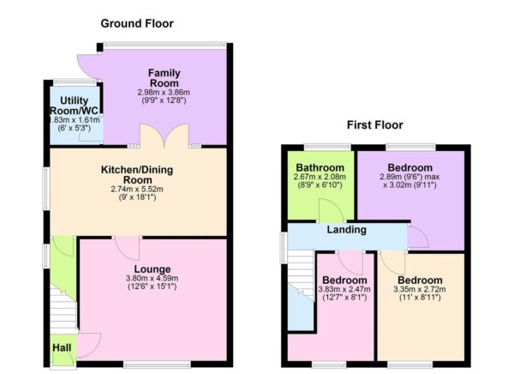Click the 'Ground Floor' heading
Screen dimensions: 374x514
point(137,23)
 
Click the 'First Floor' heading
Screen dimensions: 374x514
point(374,124)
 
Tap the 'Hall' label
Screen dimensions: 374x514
point(63,348)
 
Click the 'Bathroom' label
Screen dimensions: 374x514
point(320,168)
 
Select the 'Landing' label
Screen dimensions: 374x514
point(346,230)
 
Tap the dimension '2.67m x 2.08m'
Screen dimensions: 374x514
point(320,178)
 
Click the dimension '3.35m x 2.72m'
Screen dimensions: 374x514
point(420,291)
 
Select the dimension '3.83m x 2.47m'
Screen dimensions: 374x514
point(345,291)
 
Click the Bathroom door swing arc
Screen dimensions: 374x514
point(326,211)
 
